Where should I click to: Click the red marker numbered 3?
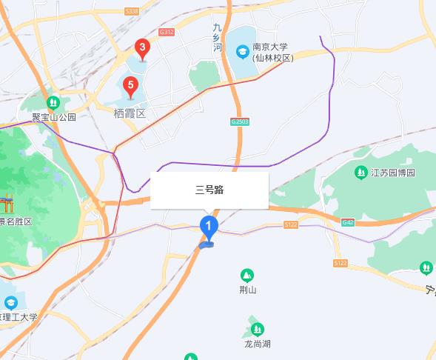pyautogui.click(x=142, y=49)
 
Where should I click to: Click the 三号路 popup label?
pyautogui.click(x=209, y=190)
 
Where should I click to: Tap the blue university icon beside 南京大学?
pyautogui.click(x=242, y=51)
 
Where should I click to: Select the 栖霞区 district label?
pyautogui.click(x=130, y=113)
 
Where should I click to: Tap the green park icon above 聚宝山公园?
pyautogui.click(x=53, y=102)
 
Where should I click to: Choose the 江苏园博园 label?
pyautogui.click(x=392, y=173)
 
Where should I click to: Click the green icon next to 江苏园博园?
pyautogui.click(x=361, y=173)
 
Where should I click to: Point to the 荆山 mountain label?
pyautogui.click(x=247, y=290)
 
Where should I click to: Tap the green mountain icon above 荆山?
pyautogui.click(x=247, y=275)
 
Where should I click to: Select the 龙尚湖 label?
pyautogui.click(x=258, y=344)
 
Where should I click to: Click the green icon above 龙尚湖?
pyautogui.click(x=258, y=328)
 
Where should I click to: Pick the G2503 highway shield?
pyautogui.click(x=239, y=121)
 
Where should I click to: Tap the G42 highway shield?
pyautogui.click(x=347, y=221)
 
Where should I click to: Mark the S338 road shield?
pyautogui.click(x=133, y=11)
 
